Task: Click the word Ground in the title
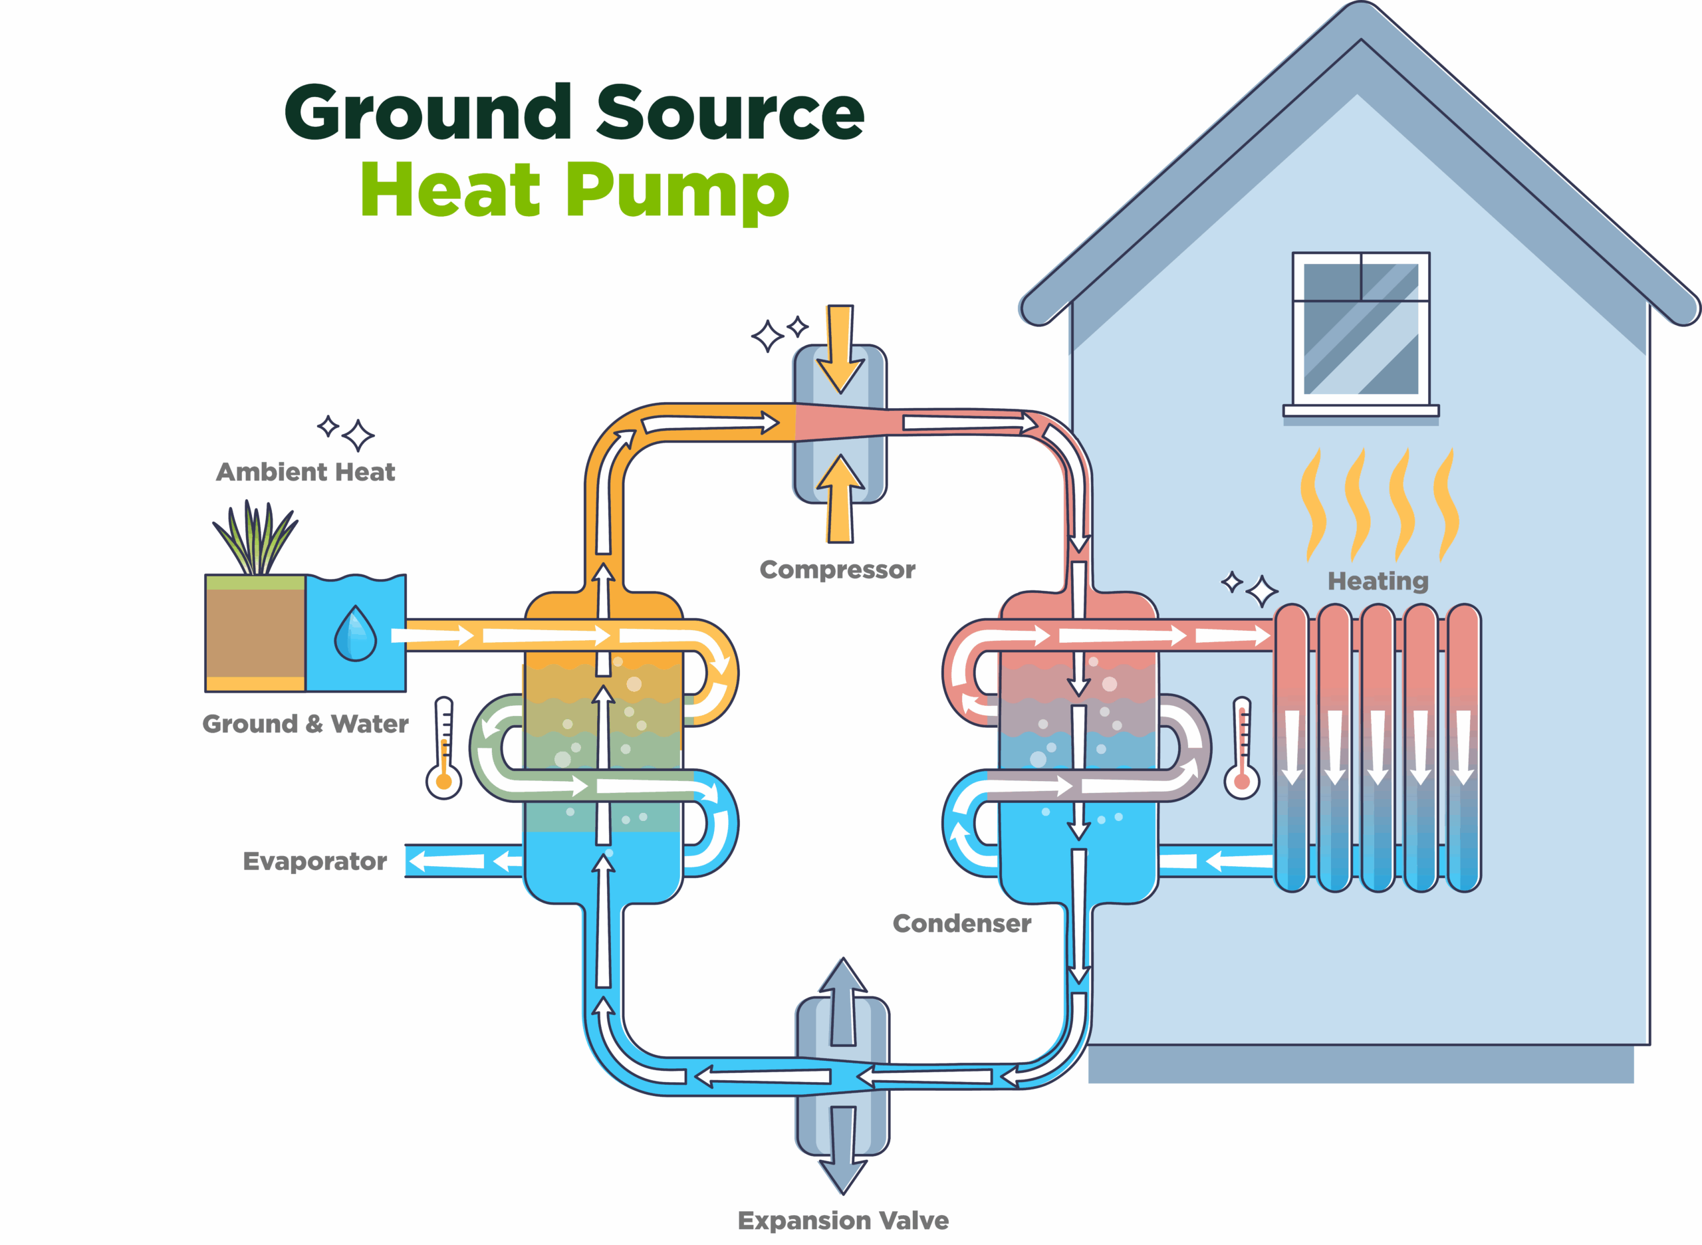(x=427, y=113)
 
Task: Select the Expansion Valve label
(x=843, y=1220)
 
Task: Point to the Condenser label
(x=961, y=923)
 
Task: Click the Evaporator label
(x=314, y=861)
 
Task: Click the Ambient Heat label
(x=305, y=472)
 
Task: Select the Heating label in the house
(x=1378, y=581)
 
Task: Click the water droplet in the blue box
(x=355, y=635)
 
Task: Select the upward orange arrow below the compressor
(x=840, y=500)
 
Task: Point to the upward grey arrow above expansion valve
(x=843, y=1001)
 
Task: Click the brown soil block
(x=255, y=633)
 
